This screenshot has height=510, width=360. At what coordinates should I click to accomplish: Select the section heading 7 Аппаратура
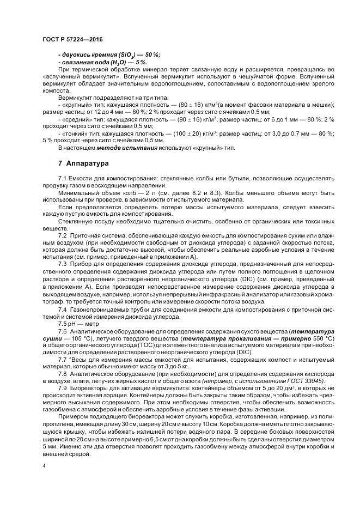pyautogui.click(x=84, y=163)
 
